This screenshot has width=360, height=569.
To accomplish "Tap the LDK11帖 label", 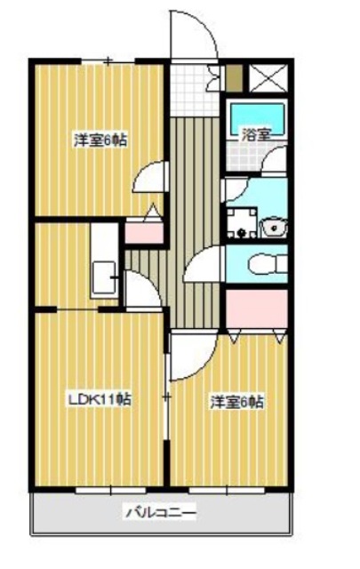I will click(x=100, y=400).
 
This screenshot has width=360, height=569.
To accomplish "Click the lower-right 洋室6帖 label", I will click(x=236, y=402).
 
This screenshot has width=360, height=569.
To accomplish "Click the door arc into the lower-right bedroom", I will click(x=188, y=356).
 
